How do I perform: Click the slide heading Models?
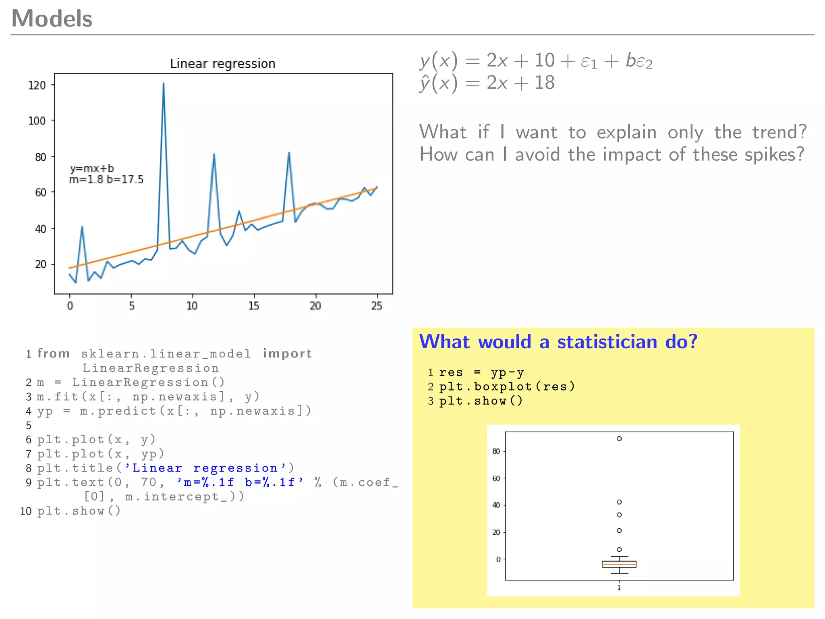pyautogui.click(x=52, y=19)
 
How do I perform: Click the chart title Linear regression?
pyautogui.click(x=222, y=64)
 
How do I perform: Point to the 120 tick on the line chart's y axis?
pyautogui.click(x=37, y=85)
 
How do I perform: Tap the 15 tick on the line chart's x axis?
pyautogui.click(x=253, y=306)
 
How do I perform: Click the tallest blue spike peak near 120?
pyautogui.click(x=164, y=83)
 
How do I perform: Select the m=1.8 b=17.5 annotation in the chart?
pyautogui.click(x=106, y=180)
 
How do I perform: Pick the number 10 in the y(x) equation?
pyautogui.click(x=544, y=60)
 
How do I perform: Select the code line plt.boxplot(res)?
pyautogui.click(x=507, y=387)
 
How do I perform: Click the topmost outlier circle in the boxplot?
pyautogui.click(x=619, y=438)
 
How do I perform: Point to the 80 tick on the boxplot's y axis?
pyautogui.click(x=496, y=451)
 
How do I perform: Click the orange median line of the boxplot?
pyautogui.click(x=619, y=565)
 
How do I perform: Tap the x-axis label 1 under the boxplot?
pyautogui.click(x=619, y=588)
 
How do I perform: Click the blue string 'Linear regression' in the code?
pyautogui.click(x=205, y=468)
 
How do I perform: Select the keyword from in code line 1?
pyautogui.click(x=54, y=354)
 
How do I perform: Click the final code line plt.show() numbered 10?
pyautogui.click(x=79, y=511)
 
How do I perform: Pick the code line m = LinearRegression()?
pyautogui.click(x=131, y=382)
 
